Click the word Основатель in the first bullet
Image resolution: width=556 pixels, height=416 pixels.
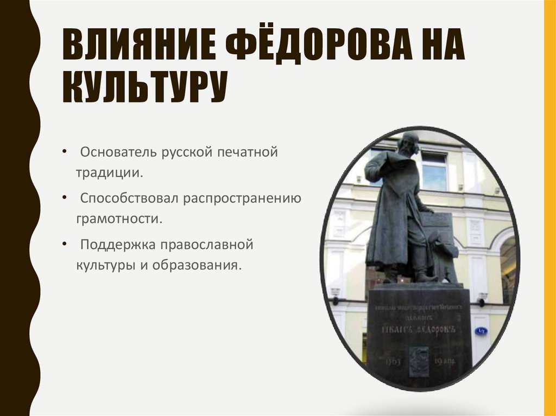click(x=118, y=152)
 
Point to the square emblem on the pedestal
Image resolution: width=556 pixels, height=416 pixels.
click(x=418, y=361)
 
